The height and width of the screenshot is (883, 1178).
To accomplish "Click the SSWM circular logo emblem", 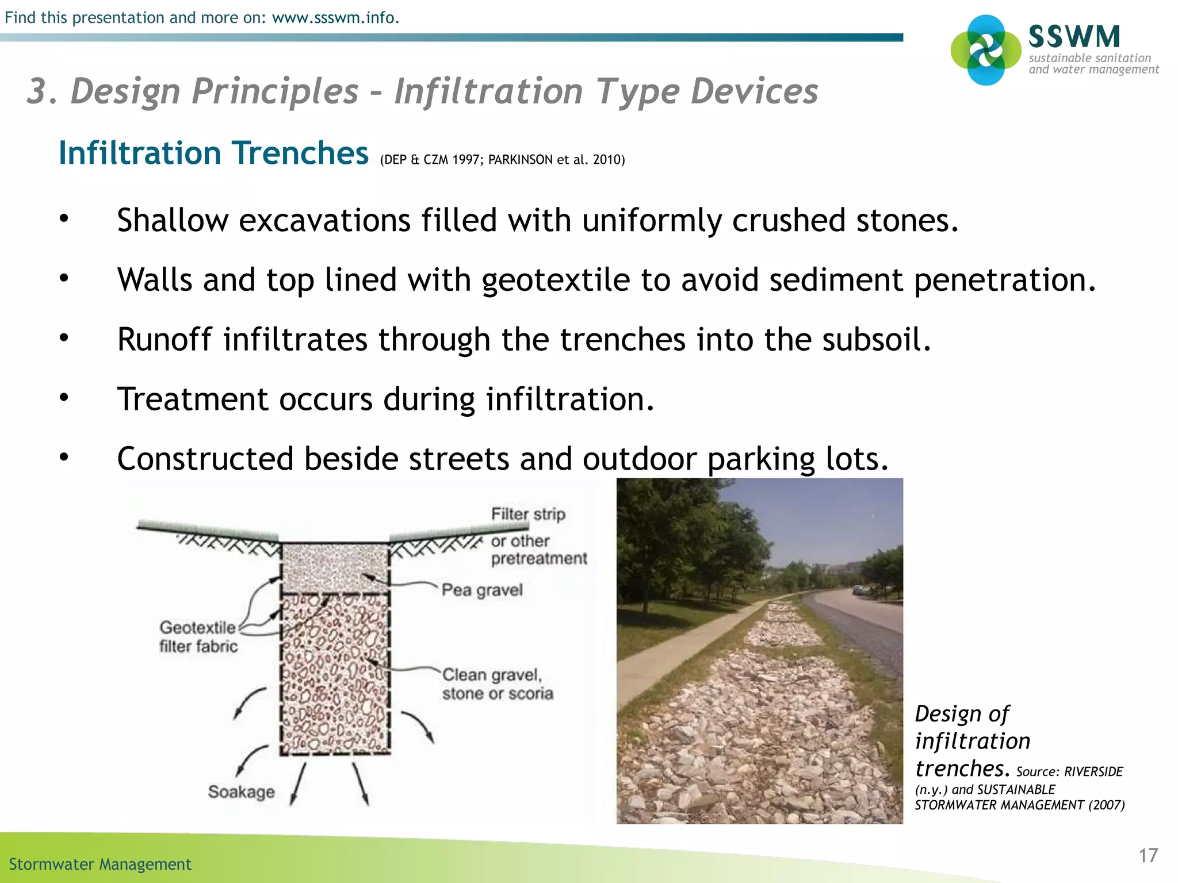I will (986, 50).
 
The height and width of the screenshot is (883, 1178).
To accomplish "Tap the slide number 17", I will (1148, 855).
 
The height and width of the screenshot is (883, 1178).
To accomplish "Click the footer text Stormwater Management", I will (100, 864).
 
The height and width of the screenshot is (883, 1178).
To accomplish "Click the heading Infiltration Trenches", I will (213, 153).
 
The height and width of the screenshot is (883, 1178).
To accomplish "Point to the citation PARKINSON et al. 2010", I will (556, 160).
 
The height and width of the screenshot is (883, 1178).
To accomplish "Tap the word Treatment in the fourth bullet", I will (193, 399).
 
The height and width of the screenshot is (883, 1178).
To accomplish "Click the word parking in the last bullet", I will (760, 459).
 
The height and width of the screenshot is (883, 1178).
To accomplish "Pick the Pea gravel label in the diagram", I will (482, 590).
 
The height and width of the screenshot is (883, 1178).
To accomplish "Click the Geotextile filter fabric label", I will (198, 636).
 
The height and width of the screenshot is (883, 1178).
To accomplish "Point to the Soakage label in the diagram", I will (241, 792).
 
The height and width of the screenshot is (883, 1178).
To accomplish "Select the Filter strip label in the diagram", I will (528, 514).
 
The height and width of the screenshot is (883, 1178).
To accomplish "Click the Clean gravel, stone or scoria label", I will (497, 684).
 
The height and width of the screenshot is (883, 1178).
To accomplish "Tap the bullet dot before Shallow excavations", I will (64, 218).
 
